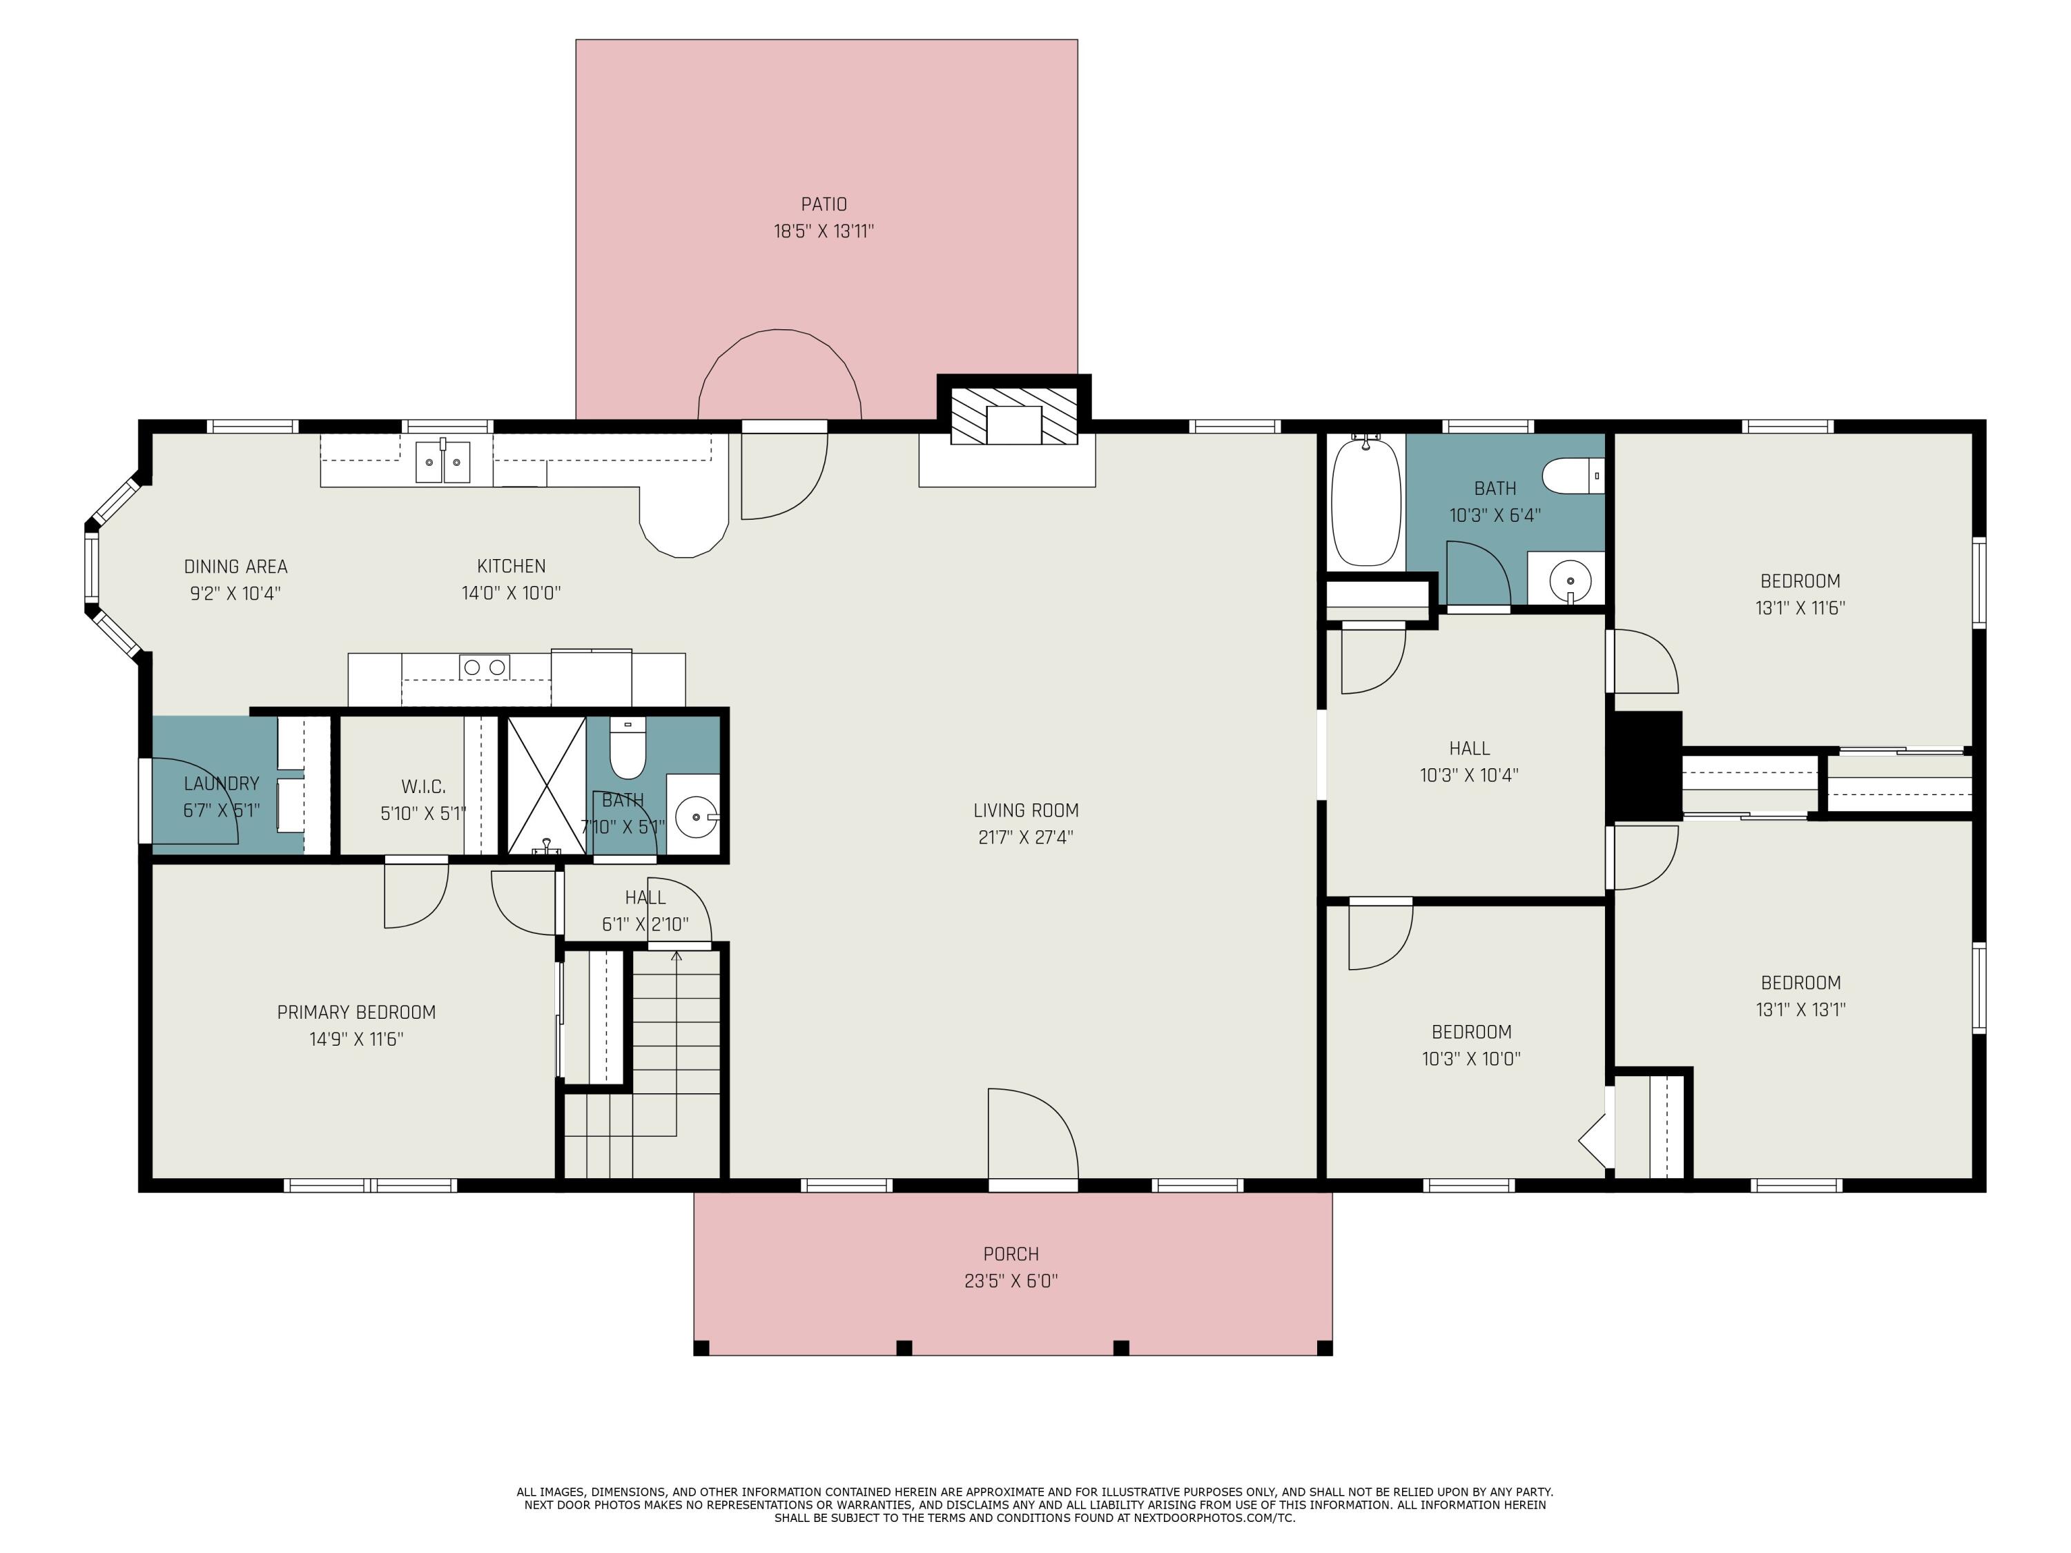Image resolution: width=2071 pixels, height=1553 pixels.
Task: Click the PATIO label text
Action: point(824,204)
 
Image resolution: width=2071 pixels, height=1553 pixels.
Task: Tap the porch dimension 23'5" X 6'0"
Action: point(1011,1280)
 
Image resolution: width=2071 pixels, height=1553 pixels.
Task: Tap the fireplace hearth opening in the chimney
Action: point(1014,426)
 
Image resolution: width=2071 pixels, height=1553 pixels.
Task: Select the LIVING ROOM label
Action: point(1026,811)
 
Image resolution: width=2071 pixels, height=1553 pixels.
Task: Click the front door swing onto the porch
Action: point(1033,1135)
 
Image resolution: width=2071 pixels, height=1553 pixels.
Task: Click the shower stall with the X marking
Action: point(547,785)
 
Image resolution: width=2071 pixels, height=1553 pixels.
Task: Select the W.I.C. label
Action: point(423,786)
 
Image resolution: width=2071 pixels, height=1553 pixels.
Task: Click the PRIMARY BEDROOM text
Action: point(357,1012)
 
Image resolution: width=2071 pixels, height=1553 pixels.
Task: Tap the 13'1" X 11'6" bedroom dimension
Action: point(1800,607)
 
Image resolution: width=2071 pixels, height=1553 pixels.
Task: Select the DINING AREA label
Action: point(236,567)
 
